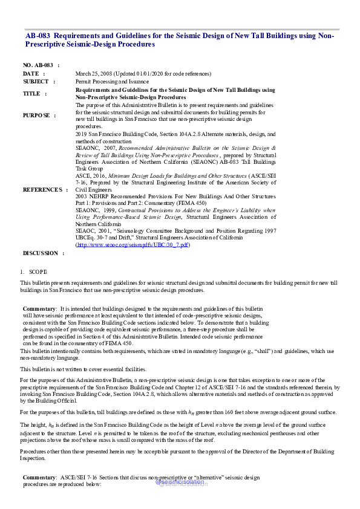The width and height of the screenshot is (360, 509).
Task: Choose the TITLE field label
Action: coord(31,94)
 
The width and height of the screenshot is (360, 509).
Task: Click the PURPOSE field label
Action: coord(37,115)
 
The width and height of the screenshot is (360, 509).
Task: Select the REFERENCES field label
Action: coord(42,189)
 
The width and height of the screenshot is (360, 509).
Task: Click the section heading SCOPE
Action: coord(38,272)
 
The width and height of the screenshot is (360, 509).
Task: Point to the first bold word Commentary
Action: coord(40,308)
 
